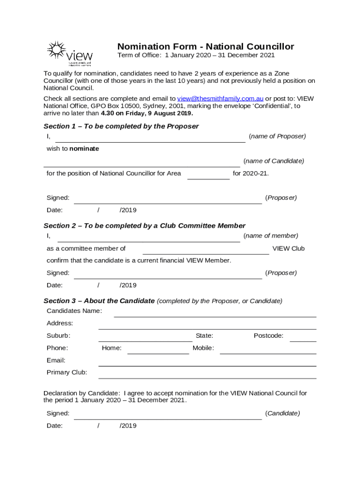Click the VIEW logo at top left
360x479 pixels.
[x=69, y=52]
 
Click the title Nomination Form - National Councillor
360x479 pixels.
[x=205, y=46]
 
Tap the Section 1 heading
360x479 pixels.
[x=121, y=126]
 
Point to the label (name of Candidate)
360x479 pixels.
[x=274, y=161]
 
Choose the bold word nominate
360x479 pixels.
[x=84, y=149]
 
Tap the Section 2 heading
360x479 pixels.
[x=144, y=225]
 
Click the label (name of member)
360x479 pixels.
[x=271, y=236]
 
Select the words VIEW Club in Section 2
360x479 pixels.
[x=288, y=248]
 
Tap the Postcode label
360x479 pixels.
[x=268, y=335]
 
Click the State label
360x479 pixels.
[x=204, y=335]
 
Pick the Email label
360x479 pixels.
[x=56, y=360]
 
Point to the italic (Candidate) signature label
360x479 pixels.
[x=282, y=413]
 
